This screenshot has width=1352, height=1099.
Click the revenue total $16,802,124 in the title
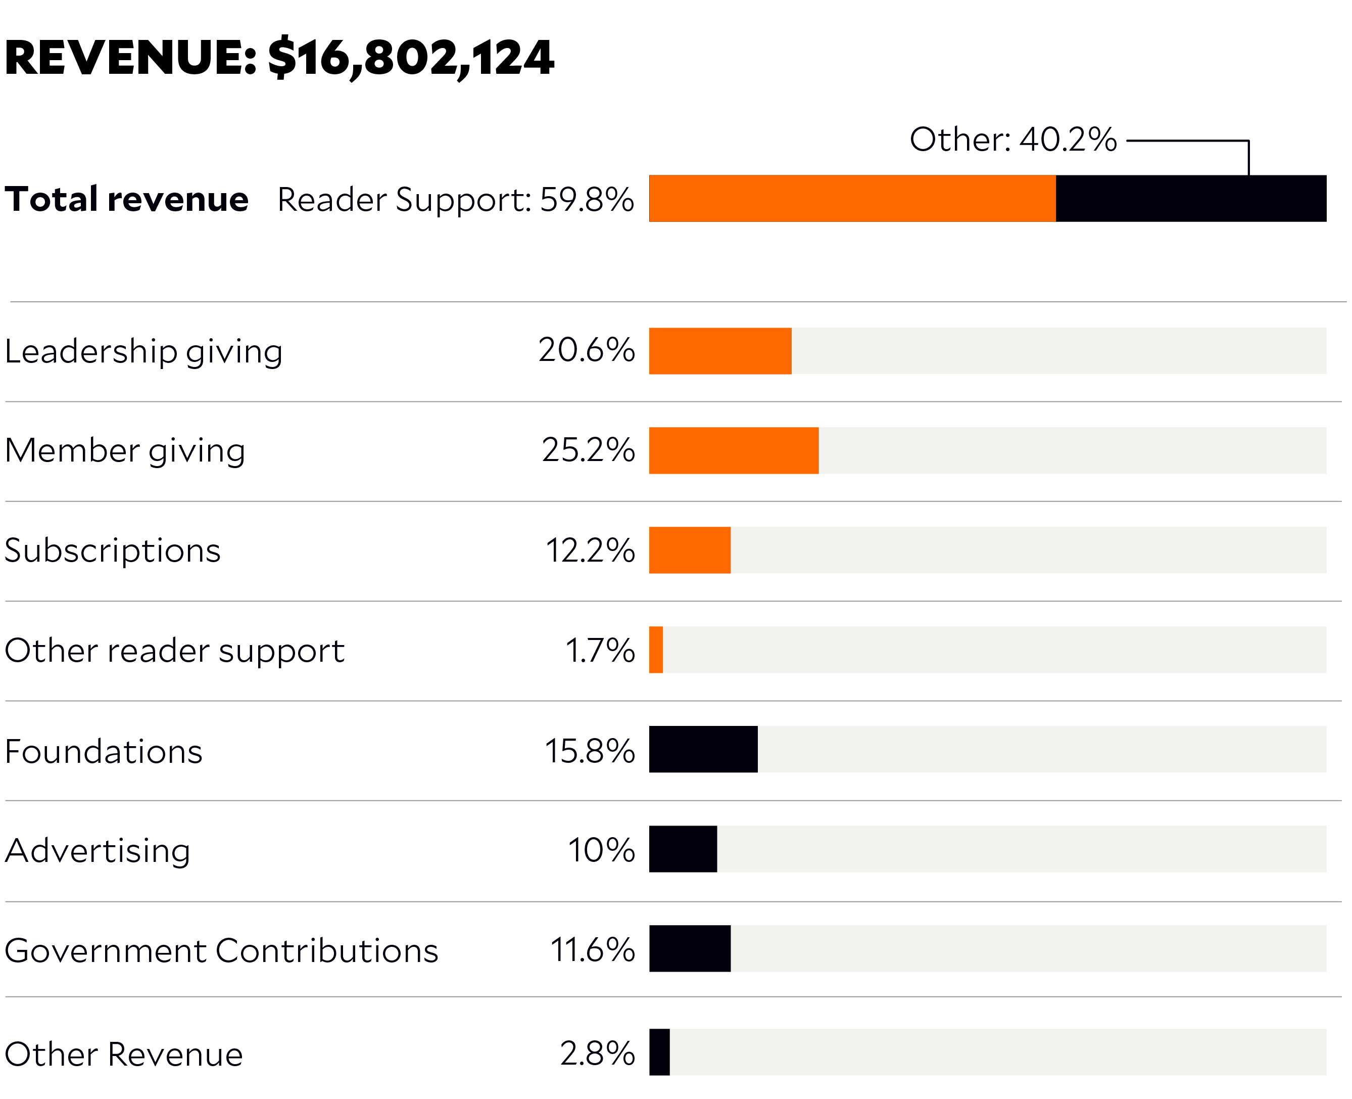(x=411, y=58)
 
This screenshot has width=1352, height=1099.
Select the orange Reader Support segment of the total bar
(x=852, y=199)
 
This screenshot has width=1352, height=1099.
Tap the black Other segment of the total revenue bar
(x=1191, y=199)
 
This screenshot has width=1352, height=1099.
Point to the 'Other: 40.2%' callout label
(x=1013, y=140)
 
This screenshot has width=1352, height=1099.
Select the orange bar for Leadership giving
(x=720, y=351)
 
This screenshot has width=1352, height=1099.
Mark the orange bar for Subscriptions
(x=690, y=550)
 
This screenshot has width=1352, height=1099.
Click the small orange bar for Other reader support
(x=656, y=650)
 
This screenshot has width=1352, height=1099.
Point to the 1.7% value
(x=600, y=651)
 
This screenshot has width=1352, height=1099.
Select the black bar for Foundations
(x=703, y=750)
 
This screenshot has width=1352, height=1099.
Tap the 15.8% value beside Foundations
(x=590, y=751)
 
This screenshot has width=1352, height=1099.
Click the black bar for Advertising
(x=683, y=849)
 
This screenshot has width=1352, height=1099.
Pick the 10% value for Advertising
(x=601, y=850)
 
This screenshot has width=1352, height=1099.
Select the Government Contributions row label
(x=221, y=951)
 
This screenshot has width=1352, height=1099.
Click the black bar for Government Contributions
(x=690, y=948)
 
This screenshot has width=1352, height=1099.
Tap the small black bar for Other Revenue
(x=659, y=1052)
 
